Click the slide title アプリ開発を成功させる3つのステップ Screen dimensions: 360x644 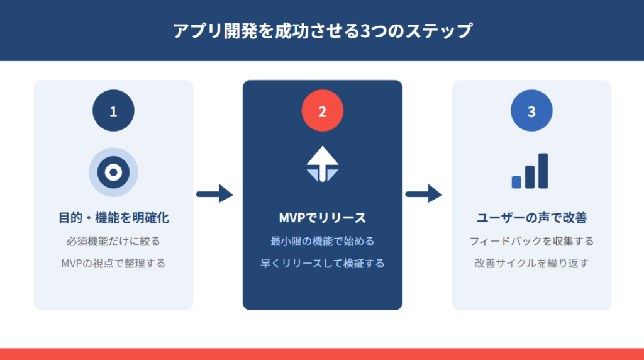click(x=322, y=31)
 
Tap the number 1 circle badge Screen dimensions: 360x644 click(x=113, y=111)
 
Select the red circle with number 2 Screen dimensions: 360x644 click(x=322, y=111)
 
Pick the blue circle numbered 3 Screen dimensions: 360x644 click(x=531, y=111)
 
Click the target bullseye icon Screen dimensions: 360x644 click(x=113, y=172)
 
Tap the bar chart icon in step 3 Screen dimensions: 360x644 click(x=530, y=171)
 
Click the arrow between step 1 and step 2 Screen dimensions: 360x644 click(x=215, y=194)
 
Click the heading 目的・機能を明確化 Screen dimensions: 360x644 click(x=113, y=218)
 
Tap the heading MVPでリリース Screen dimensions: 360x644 click(x=322, y=218)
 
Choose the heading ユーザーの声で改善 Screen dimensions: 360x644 click(x=531, y=218)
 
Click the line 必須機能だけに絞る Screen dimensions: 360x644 click(x=113, y=241)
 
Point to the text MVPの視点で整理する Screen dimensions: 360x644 click(x=113, y=264)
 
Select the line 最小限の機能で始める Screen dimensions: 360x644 click(x=322, y=241)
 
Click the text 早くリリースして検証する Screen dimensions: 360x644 click(x=322, y=264)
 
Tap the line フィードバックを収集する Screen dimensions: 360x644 click(x=531, y=241)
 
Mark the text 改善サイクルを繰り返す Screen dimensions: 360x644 click(x=531, y=264)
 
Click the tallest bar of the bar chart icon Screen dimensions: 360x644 click(x=543, y=171)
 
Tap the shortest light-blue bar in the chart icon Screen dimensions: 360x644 click(x=516, y=182)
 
